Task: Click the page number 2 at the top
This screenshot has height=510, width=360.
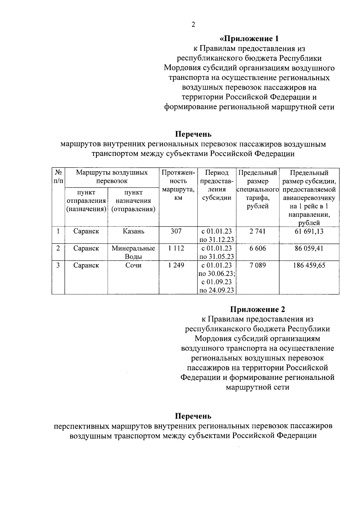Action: [x=193, y=25]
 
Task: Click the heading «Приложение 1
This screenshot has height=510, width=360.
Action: [x=249, y=39]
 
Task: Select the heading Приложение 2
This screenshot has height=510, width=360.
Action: [x=257, y=309]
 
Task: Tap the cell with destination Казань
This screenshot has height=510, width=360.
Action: [x=133, y=231]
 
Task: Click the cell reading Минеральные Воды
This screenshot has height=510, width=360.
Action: [x=133, y=252]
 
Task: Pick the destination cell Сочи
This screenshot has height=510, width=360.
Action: [x=133, y=265]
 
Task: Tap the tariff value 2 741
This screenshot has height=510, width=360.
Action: [x=257, y=231]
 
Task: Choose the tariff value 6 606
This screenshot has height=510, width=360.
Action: [x=257, y=248]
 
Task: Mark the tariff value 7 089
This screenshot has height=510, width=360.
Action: [x=257, y=265]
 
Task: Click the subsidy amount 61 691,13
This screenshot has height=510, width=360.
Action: [x=309, y=231]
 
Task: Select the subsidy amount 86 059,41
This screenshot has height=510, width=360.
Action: [x=309, y=248]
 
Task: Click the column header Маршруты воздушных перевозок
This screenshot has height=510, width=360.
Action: [x=112, y=177]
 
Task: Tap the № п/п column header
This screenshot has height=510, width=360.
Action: [x=58, y=177]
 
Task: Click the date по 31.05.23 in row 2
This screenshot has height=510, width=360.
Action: [x=217, y=257]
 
